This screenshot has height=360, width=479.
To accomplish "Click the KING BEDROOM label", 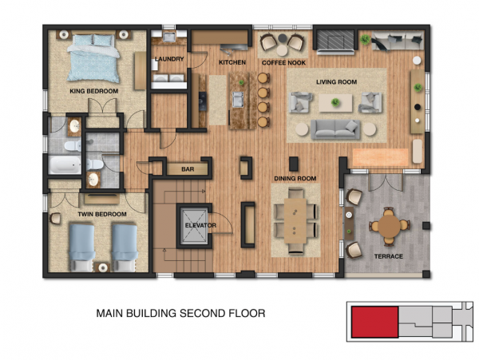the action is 93,91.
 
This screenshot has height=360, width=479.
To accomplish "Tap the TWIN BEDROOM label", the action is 102,214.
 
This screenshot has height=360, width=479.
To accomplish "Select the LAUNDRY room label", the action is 169,59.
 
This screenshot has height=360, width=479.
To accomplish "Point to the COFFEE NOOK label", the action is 283,63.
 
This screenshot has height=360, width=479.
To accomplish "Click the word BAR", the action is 188,169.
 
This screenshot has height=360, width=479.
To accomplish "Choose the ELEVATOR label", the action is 200,225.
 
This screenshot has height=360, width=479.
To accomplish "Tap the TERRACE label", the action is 389,256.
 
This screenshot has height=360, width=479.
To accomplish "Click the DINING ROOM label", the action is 295,178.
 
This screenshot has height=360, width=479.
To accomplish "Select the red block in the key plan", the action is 375,322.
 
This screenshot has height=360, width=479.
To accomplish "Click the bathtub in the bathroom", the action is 65,165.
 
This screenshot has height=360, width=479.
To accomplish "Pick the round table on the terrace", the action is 390,226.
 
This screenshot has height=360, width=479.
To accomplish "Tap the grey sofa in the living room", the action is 335,129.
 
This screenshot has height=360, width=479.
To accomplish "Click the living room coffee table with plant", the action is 335,103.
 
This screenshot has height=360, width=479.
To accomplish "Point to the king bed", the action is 93,58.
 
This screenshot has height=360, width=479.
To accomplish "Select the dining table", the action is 295,220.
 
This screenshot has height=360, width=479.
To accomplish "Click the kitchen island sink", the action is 238,99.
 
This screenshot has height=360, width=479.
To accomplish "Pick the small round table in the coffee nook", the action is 282,50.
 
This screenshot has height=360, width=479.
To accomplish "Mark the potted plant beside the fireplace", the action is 365,39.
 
